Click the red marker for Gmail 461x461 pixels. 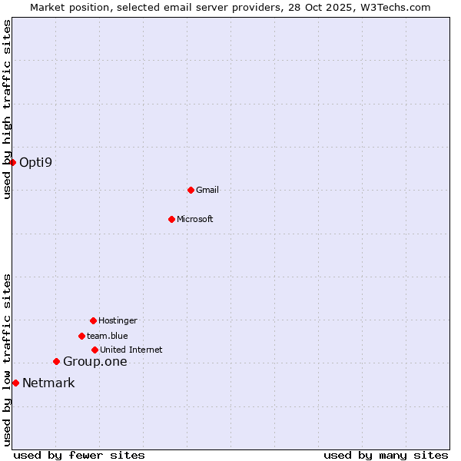[x=191, y=190]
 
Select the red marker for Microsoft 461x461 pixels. [x=171, y=219]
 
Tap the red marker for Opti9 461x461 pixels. [x=13, y=162]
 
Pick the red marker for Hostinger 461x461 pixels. [x=93, y=320]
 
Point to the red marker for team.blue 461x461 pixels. [x=81, y=336]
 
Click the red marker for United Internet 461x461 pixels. [x=95, y=350]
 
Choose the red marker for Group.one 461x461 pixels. [x=56, y=361]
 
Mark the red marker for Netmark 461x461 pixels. [x=15, y=383]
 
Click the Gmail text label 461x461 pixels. [x=207, y=190]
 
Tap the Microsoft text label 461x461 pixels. [x=195, y=219]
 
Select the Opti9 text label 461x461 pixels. [x=36, y=162]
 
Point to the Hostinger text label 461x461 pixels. [x=118, y=320]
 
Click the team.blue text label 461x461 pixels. [x=108, y=336]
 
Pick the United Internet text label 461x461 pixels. [x=131, y=350]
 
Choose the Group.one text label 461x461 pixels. [x=95, y=362]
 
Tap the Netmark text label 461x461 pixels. [x=48, y=383]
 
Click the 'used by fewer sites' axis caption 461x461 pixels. [x=79, y=455]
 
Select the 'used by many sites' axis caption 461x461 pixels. [x=386, y=455]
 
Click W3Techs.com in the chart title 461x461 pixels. [x=394, y=7]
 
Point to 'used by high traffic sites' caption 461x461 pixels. [x=7, y=109]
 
